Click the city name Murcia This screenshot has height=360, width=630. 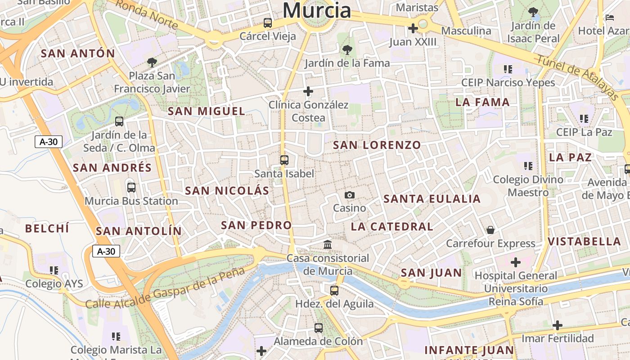coord(317,10)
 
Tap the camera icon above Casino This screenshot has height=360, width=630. coord(350,195)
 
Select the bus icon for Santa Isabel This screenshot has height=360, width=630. coord(284,160)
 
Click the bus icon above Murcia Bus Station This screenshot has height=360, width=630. coord(131,188)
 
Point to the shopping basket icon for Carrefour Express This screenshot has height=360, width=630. coord(490,230)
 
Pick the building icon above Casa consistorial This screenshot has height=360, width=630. coord(328,245)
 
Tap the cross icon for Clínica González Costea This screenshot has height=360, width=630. coord(308,91)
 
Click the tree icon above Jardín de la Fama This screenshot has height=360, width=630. coord(346,49)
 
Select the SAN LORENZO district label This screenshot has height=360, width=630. coord(377,145)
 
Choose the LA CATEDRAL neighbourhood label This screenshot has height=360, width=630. coord(392,226)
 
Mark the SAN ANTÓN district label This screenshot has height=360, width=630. coord(78,54)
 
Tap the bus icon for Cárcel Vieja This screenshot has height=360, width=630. coord(268,22)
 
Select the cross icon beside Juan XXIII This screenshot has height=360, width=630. coord(413,28)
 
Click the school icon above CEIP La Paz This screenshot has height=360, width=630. coord(584,119)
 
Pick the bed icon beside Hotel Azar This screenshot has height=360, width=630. coord(610,18)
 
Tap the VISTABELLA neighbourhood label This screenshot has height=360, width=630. coord(584,242)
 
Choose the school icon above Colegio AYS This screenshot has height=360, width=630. coord(54,270)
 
